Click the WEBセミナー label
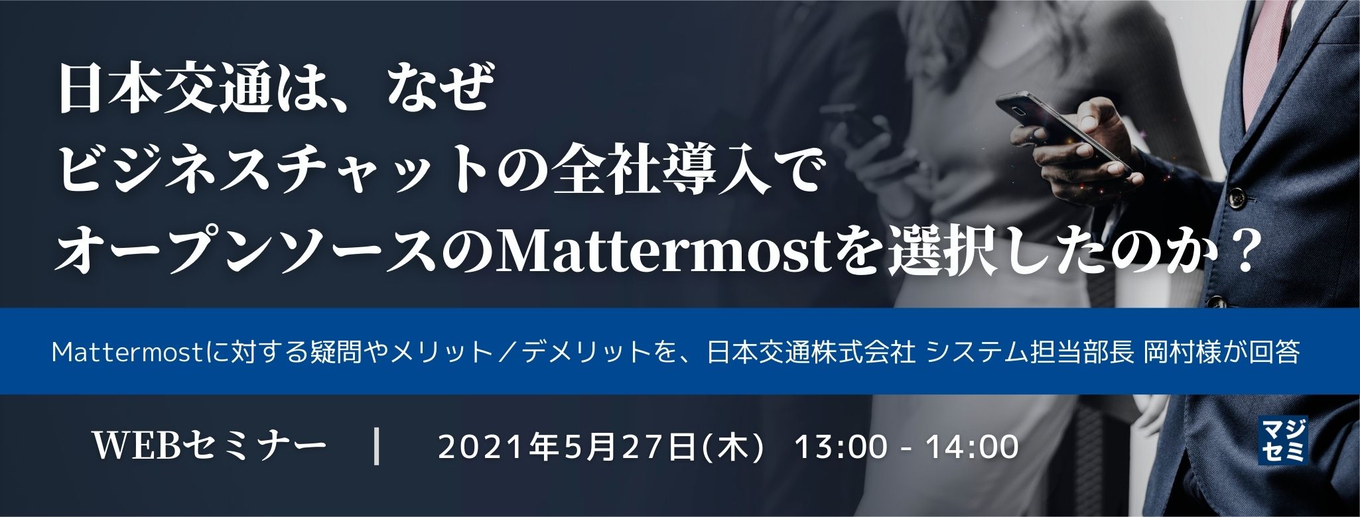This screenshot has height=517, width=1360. [211, 446]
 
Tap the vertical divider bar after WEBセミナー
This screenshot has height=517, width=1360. [377, 446]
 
